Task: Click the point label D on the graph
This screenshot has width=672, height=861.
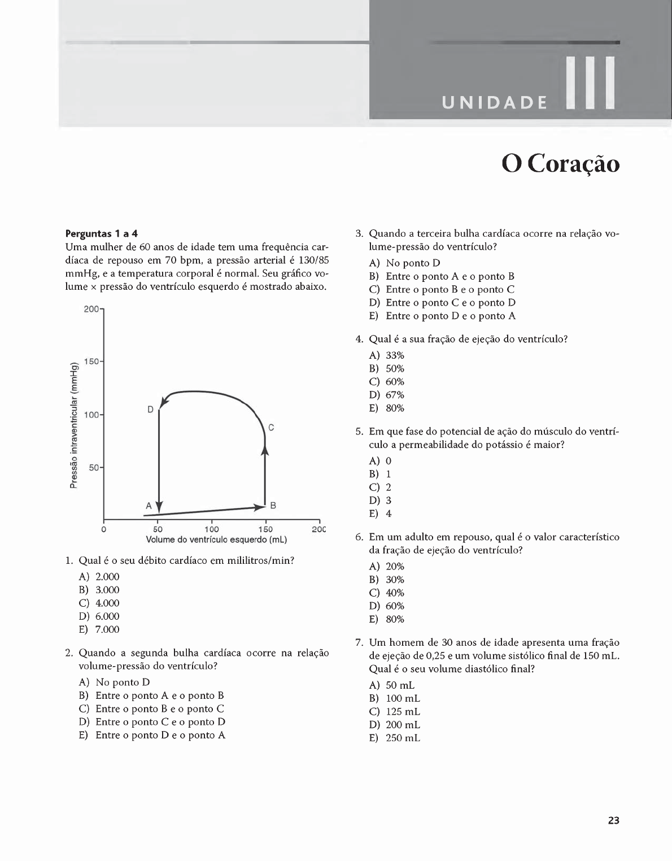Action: [150, 409]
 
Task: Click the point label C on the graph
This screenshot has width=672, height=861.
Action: [271, 428]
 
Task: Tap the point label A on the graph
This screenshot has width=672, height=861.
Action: [149, 506]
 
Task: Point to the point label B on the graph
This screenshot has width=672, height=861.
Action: [273, 505]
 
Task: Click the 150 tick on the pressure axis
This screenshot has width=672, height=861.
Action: [91, 362]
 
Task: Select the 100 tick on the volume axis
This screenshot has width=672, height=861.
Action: [212, 529]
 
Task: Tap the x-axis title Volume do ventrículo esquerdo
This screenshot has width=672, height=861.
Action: [216, 540]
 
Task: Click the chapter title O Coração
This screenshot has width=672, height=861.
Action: [560, 164]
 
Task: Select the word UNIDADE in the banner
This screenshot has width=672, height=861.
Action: [495, 103]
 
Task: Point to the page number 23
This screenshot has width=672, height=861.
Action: [613, 820]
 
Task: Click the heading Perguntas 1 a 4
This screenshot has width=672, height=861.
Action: [102, 233]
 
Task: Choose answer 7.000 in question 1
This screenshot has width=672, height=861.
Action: [107, 629]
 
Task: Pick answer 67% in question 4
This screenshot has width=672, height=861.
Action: [395, 395]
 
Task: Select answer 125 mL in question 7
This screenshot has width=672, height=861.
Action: [403, 712]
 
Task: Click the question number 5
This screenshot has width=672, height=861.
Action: [359, 432]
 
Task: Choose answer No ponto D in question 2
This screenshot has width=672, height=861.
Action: [123, 682]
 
